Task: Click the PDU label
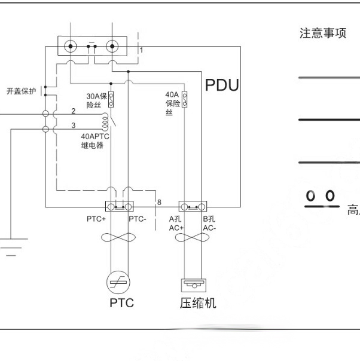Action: (x=222, y=85)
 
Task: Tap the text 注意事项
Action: (x=322, y=33)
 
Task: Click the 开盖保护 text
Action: (x=21, y=91)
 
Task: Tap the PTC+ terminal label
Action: (x=96, y=219)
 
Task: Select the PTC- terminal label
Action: (x=138, y=219)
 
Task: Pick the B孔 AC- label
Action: (x=209, y=223)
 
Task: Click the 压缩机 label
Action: (x=198, y=303)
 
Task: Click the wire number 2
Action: (x=73, y=111)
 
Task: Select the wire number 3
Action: (x=73, y=125)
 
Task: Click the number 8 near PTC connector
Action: (x=159, y=203)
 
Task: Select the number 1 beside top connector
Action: (x=141, y=51)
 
